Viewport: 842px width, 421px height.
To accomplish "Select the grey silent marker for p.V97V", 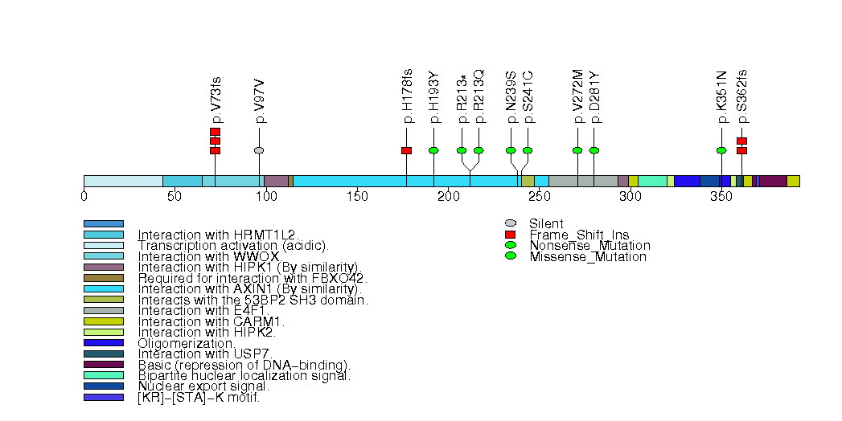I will (259, 150).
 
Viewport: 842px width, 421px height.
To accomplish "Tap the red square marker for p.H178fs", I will (406, 150).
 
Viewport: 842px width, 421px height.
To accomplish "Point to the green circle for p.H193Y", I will (433, 150).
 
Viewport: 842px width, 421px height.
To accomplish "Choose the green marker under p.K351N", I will (721, 150).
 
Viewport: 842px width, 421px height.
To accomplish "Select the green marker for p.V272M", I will (577, 150).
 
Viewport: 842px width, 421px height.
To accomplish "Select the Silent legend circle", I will (510, 223).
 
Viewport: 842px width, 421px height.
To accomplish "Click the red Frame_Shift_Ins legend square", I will (510, 235).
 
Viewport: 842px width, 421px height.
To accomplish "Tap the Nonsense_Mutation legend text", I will (589, 246).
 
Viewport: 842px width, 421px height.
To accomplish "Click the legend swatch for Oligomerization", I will (104, 343).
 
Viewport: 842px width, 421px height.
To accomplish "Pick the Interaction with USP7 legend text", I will (206, 354).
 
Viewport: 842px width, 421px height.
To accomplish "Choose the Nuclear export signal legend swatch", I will (104, 386).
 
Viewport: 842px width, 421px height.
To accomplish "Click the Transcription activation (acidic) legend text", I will (233, 245).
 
